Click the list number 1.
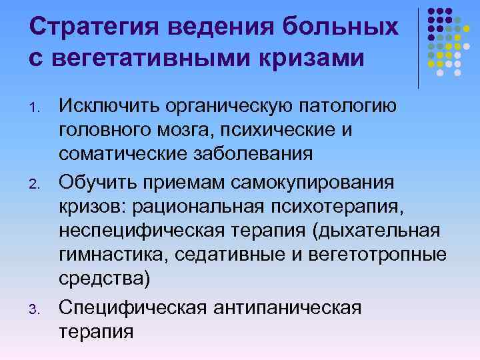(37, 108)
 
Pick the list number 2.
(37, 185)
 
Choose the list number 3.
(37, 309)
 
